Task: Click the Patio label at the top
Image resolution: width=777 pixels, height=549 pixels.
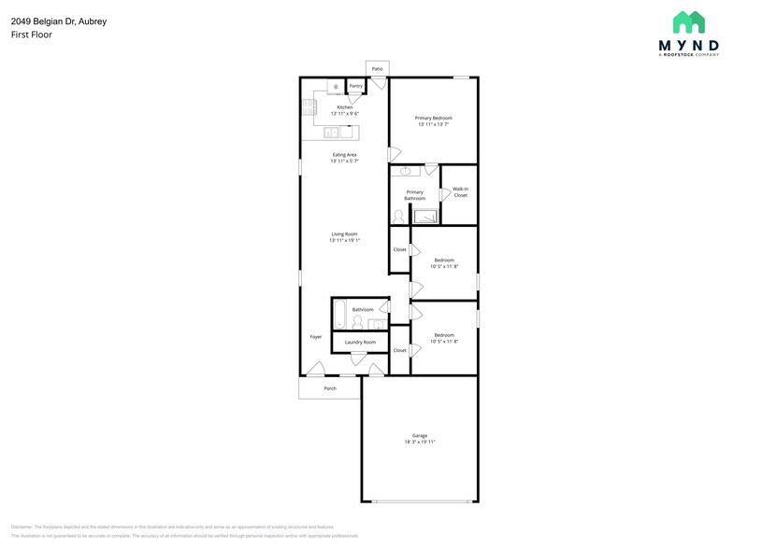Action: click(377, 69)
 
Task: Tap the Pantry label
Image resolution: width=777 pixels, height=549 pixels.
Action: click(356, 86)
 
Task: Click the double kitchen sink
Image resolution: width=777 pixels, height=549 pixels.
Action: click(333, 133)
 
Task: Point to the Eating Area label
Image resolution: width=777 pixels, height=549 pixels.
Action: click(344, 155)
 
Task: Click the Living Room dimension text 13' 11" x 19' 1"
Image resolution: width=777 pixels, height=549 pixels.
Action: click(344, 241)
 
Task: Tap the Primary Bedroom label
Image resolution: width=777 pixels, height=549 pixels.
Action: click(434, 118)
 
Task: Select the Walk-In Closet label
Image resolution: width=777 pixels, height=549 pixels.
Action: click(460, 192)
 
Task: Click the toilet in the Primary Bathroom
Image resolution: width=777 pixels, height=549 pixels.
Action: click(399, 217)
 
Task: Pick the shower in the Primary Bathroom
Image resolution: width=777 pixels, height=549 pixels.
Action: click(425, 217)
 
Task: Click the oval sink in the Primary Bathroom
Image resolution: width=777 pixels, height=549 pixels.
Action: click(406, 172)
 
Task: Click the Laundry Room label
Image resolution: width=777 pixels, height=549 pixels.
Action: click(360, 343)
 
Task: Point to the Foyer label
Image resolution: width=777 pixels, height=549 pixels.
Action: click(316, 336)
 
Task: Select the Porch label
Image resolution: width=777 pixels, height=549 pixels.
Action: click(330, 388)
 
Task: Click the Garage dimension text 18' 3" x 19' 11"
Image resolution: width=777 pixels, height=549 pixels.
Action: click(420, 442)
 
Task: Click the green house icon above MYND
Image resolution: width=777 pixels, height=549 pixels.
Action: click(688, 23)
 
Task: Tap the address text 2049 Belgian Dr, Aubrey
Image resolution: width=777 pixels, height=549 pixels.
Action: click(52, 21)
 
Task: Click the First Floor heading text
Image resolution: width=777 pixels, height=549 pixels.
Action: click(32, 35)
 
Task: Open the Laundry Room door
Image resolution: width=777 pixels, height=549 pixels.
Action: click(356, 359)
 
